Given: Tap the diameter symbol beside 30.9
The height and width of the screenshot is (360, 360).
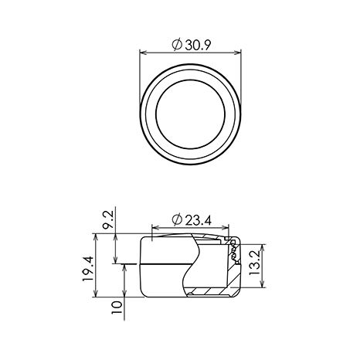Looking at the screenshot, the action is click(x=177, y=45).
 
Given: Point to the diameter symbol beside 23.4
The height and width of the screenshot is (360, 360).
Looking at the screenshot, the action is click(x=177, y=220).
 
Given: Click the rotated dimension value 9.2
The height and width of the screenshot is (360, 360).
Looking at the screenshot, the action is click(x=108, y=219).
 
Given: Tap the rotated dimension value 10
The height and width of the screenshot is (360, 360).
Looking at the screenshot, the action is click(x=117, y=307).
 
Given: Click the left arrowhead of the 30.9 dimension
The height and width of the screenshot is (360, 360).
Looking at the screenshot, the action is click(x=143, y=53).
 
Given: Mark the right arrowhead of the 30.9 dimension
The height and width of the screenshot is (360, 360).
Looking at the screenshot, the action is click(x=237, y=53).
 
